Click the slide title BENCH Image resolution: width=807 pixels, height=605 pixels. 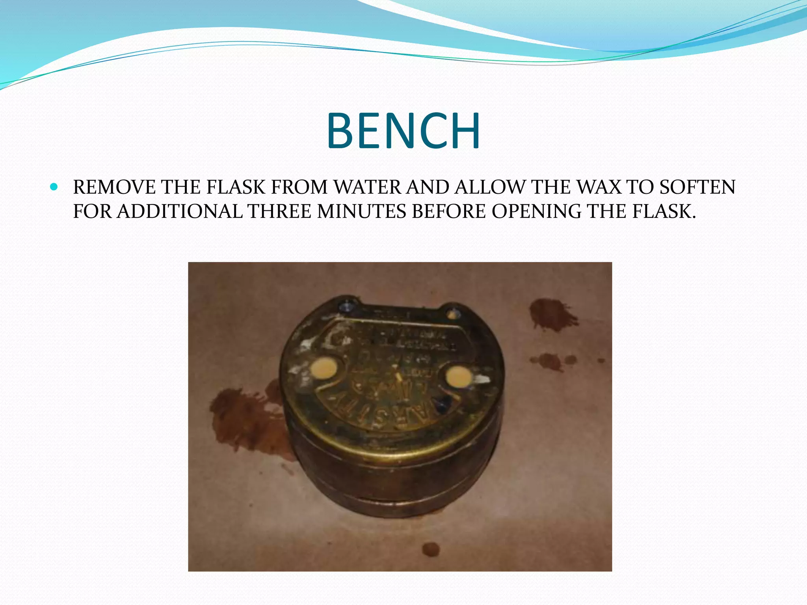point(403,131)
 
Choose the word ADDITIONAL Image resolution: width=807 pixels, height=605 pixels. point(180,212)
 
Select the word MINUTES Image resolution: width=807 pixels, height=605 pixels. point(361,212)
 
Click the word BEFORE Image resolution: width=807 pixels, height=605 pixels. point(449,212)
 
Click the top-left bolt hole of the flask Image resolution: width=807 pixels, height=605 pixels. point(347,305)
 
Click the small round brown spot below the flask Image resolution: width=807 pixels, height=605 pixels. point(431,549)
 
